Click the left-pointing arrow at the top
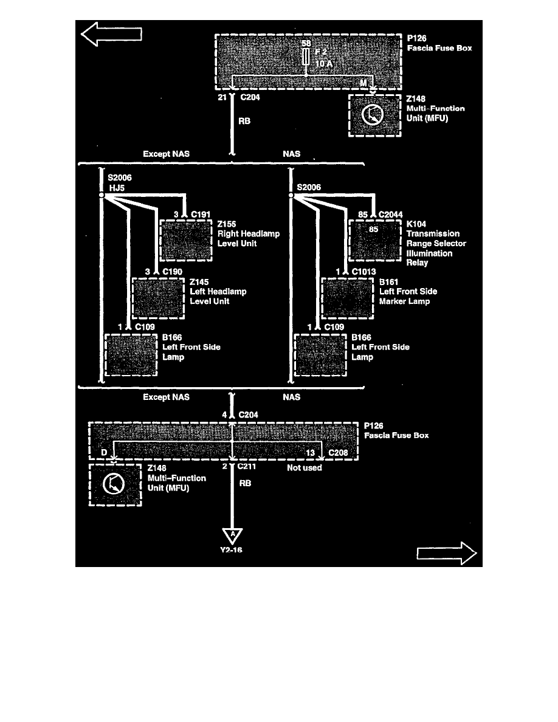(x=111, y=34)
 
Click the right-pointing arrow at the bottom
(x=446, y=553)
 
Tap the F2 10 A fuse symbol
(x=306, y=57)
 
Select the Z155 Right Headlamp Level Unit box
(x=186, y=241)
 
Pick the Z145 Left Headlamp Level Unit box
(x=159, y=298)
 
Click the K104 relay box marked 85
(x=375, y=241)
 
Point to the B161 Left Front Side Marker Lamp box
(x=348, y=298)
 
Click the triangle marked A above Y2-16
(x=232, y=535)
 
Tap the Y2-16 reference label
(x=231, y=550)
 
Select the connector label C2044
(x=390, y=215)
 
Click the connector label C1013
(x=363, y=272)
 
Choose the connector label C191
(x=201, y=215)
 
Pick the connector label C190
(x=172, y=272)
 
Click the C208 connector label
(x=338, y=453)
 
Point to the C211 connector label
(x=247, y=466)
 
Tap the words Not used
(x=305, y=468)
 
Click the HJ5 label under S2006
(x=117, y=188)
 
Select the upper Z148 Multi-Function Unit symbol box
(x=375, y=115)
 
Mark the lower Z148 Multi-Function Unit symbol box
(x=115, y=485)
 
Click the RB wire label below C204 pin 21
(x=244, y=121)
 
